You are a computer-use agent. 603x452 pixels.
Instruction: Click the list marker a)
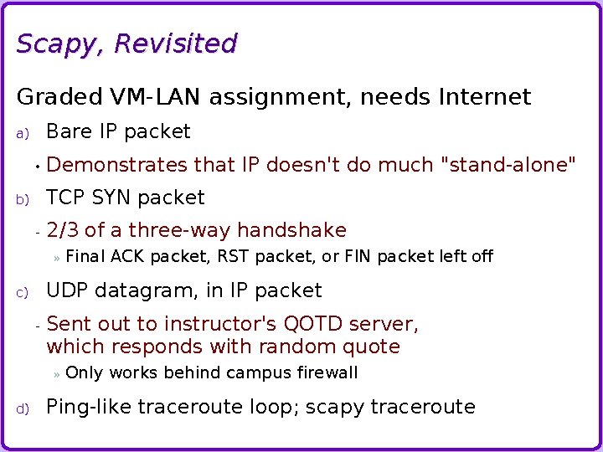[23, 133]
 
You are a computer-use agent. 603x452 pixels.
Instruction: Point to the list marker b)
[23, 199]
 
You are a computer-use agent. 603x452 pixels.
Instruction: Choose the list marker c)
[23, 292]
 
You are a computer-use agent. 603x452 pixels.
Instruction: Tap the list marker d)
[23, 408]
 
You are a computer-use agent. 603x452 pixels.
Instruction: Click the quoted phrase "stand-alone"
[508, 165]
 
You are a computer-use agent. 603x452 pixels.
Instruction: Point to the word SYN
[111, 198]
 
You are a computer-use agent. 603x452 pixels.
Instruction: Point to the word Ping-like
[88, 408]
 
